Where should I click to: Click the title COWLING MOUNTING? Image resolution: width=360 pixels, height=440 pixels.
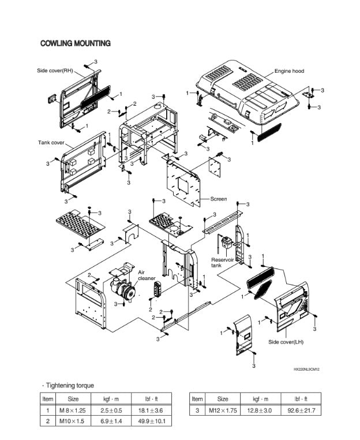coord(76,44)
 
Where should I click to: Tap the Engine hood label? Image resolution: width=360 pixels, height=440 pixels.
coord(289,71)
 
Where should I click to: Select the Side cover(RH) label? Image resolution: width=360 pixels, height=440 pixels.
coord(55,70)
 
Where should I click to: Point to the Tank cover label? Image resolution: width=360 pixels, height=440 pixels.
coord(51,142)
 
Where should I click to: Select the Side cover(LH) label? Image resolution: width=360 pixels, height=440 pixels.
coord(286,342)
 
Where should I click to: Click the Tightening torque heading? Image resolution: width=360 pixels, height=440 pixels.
coord(69,386)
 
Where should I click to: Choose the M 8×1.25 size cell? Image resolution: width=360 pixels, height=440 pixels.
coord(73,410)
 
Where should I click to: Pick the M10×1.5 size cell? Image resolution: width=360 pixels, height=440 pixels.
coord(73,421)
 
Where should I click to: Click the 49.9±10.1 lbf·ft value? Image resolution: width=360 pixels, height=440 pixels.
coord(152,421)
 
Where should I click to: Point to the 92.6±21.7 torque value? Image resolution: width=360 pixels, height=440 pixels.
coord(301,410)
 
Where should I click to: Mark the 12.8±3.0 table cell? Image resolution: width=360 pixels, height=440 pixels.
coord(260,410)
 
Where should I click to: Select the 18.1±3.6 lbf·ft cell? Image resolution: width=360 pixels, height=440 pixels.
coord(152,410)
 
